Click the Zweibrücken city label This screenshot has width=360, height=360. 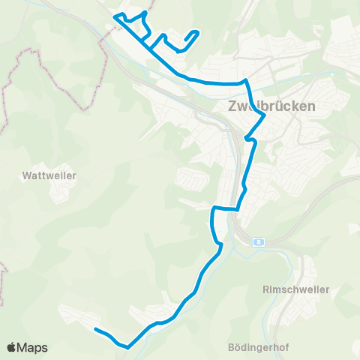[x=271, y=106]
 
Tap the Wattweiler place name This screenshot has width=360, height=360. [x=50, y=175]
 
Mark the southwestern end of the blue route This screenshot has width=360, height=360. [x=95, y=328]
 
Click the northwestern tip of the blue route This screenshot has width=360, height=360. [x=113, y=16]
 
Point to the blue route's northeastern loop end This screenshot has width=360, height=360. [x=196, y=31]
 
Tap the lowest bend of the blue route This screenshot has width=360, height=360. [x=128, y=347]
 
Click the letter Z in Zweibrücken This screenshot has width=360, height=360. [x=231, y=106]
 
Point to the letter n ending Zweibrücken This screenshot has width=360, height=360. [x=312, y=106]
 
